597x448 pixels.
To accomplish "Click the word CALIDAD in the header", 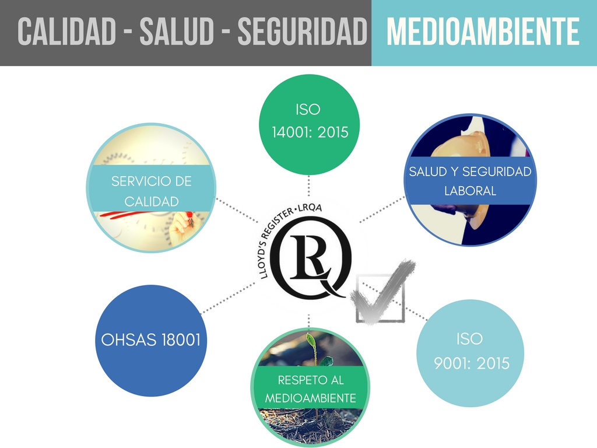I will click(66, 33).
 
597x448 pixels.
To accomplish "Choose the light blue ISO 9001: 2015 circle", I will click(470, 353).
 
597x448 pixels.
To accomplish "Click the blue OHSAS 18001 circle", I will click(150, 340).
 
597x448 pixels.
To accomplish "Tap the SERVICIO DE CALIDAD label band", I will click(151, 191).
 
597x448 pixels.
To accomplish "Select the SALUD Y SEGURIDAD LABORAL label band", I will click(470, 181).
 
